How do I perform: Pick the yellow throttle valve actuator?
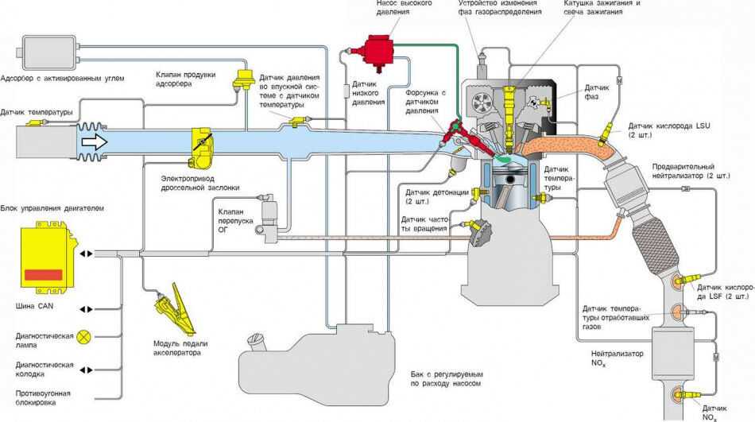[x=202, y=146]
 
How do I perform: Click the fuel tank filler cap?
[x=257, y=343]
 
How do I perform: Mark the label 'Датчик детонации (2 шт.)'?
[x=436, y=196]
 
